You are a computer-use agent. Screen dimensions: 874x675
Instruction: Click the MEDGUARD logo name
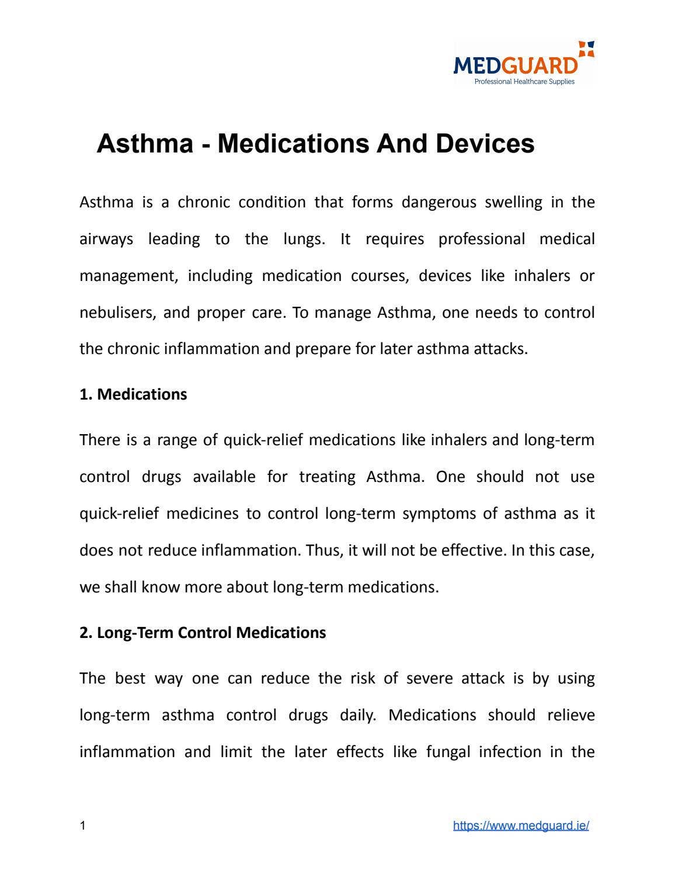(515, 64)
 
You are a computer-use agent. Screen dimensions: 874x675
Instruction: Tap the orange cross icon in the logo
(586, 48)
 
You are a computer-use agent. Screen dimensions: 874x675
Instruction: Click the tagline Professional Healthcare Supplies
(524, 82)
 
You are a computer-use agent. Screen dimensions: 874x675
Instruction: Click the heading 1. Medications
(133, 394)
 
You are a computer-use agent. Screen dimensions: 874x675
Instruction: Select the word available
(224, 477)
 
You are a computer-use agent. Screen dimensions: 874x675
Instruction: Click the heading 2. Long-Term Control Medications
(203, 633)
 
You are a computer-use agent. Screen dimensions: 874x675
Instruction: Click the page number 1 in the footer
(82, 826)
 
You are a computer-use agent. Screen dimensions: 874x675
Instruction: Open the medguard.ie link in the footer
(521, 826)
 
